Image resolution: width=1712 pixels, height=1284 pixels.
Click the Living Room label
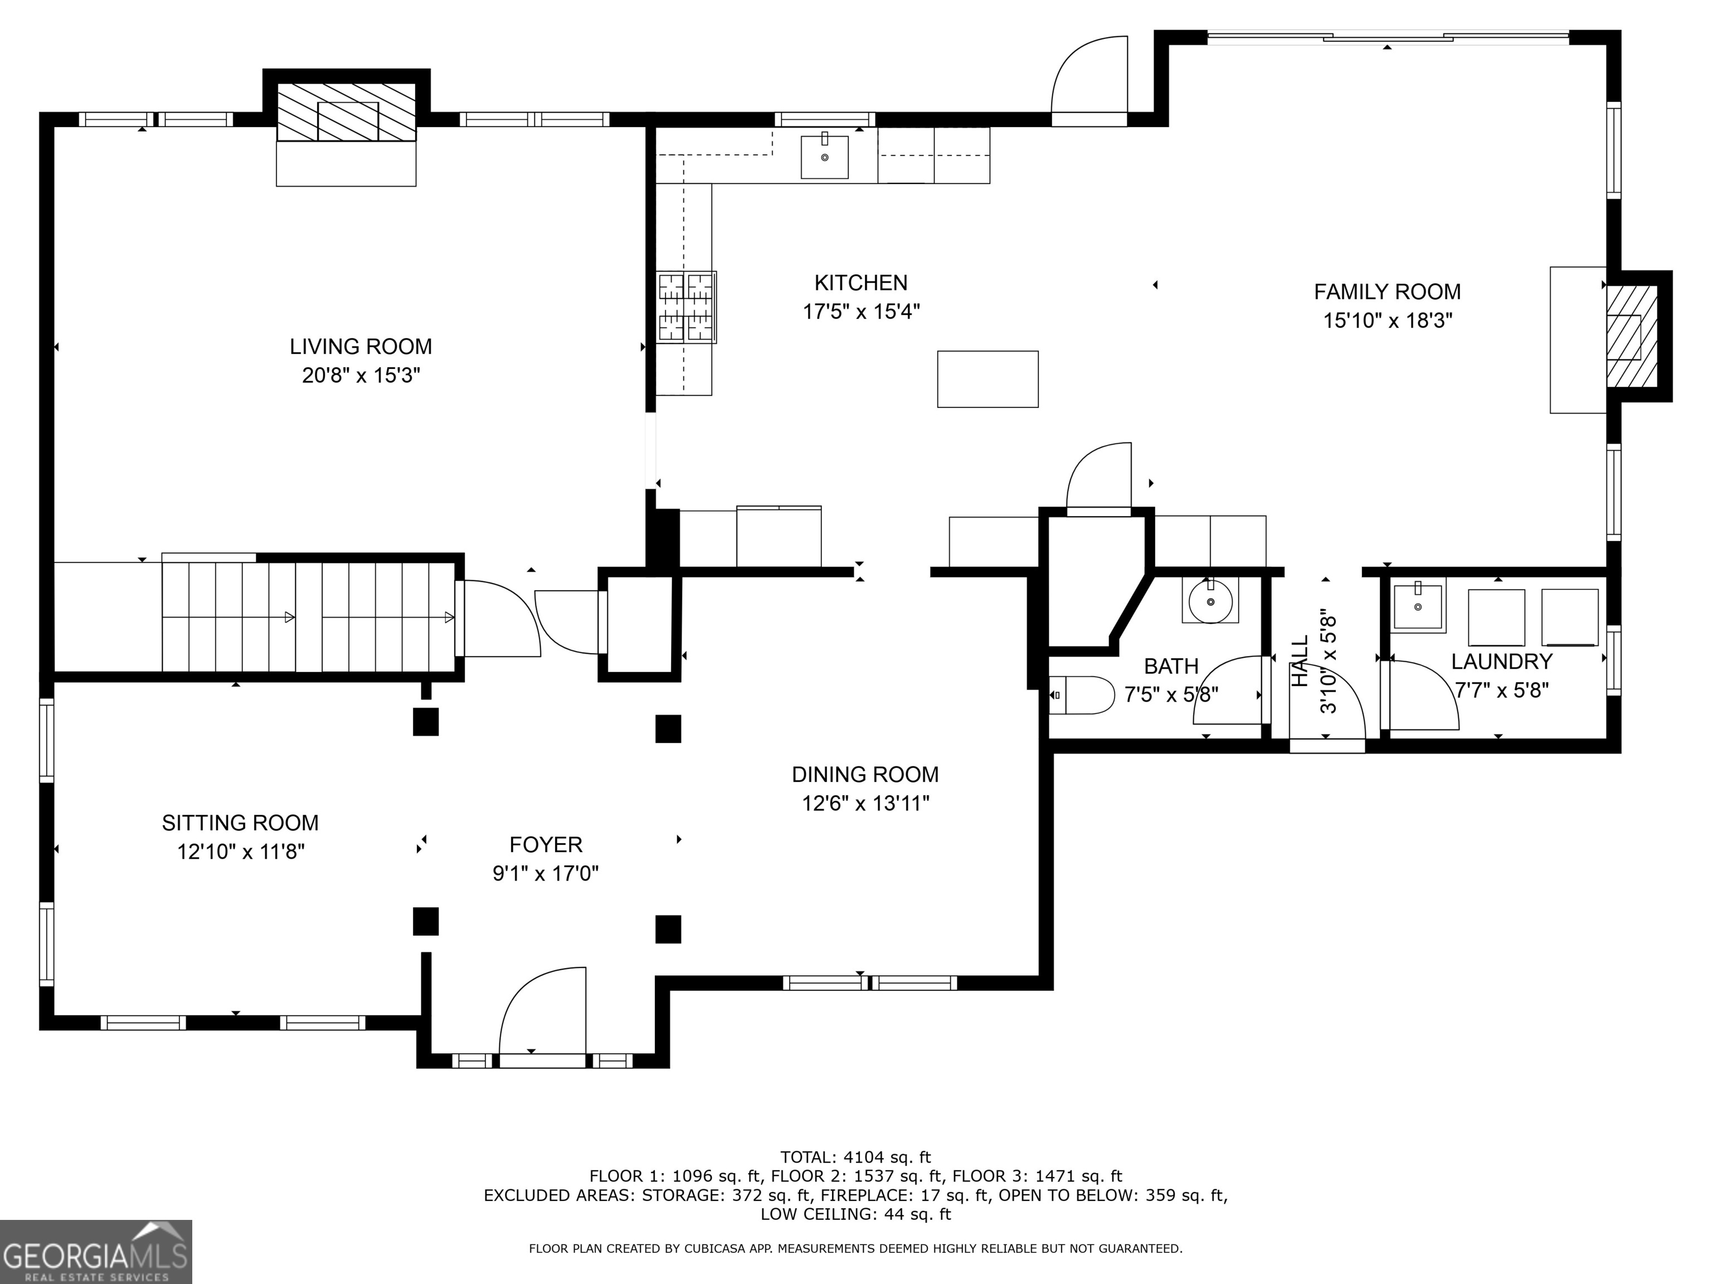361,346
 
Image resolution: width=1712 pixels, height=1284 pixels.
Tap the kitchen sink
824,157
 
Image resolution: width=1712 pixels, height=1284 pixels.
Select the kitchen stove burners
687,307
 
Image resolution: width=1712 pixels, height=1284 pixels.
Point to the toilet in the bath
1081,695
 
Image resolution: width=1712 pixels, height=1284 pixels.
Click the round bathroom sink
1210,601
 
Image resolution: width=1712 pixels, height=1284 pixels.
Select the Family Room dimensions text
1388,320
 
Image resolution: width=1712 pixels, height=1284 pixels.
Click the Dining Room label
865,774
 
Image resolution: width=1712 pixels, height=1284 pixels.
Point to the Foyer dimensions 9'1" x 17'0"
546,874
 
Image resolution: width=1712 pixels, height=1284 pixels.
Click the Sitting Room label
240,823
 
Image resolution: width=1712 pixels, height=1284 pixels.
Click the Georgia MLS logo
96,1252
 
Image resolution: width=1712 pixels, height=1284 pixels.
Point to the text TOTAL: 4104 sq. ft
855,1158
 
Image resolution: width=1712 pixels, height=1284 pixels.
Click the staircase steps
308,617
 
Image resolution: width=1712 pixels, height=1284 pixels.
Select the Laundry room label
1501,662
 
